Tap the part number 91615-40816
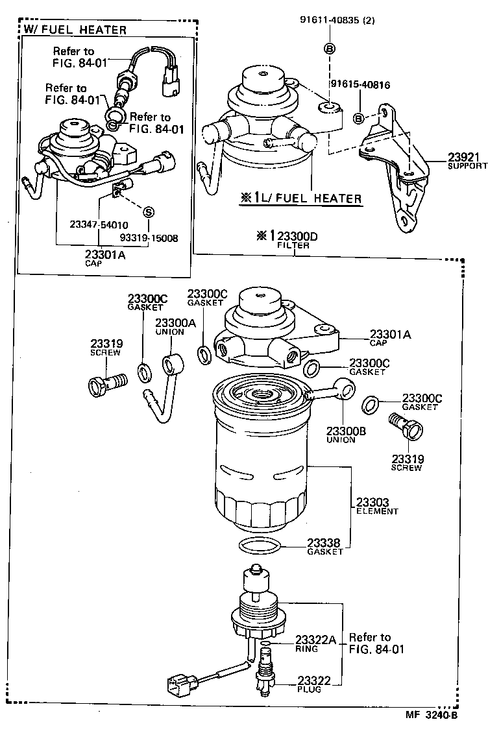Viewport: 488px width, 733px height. (x=360, y=84)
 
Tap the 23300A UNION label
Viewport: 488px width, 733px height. (x=170, y=327)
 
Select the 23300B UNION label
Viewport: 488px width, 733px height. (x=341, y=435)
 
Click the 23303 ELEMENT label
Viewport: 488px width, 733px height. (x=376, y=505)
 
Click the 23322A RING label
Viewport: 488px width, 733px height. (x=315, y=643)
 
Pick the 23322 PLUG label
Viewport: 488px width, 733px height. (x=315, y=684)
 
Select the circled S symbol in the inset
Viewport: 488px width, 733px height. (x=148, y=211)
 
